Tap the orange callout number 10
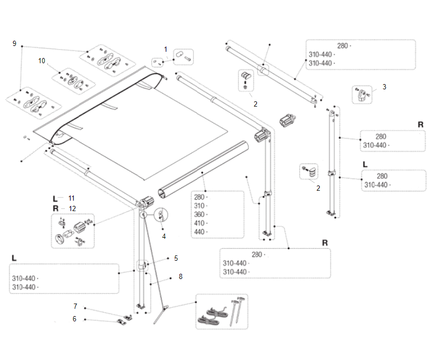(42, 61)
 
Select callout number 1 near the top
(166, 49)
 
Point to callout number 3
(384, 87)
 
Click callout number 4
(164, 236)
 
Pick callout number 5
(176, 258)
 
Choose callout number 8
(180, 276)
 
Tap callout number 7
(75, 306)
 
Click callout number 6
(74, 319)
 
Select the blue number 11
(71, 198)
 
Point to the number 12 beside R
(72, 208)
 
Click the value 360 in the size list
(199, 214)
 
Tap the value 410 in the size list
(199, 223)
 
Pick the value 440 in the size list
(199, 232)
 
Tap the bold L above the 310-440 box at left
(14, 258)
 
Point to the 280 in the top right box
(343, 46)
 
